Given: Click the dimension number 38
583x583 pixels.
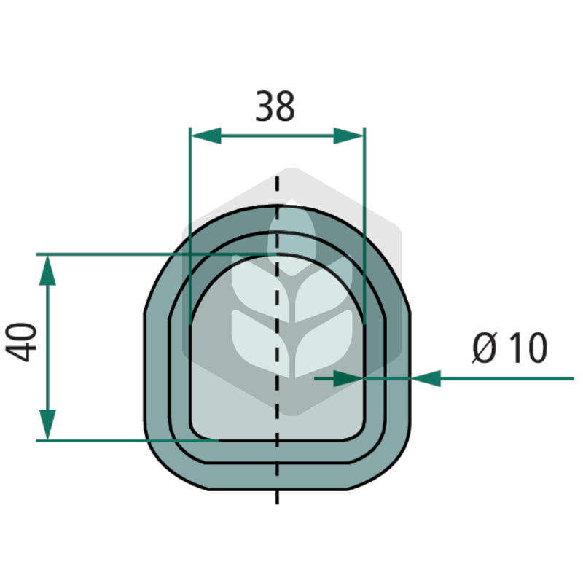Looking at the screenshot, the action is (275, 106).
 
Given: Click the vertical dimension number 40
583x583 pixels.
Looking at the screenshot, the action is (21, 343).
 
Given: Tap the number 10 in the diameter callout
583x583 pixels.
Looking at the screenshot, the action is (528, 348).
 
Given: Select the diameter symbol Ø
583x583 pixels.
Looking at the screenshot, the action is (485, 348).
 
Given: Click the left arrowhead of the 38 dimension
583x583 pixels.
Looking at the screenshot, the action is (206, 136).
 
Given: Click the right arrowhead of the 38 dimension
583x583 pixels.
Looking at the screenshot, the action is (348, 136).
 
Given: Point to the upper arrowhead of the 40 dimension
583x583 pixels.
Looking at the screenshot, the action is (47, 270).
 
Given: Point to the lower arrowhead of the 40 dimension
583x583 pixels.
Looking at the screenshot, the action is (47, 425).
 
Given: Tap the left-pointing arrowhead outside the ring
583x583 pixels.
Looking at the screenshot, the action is (426, 378).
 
